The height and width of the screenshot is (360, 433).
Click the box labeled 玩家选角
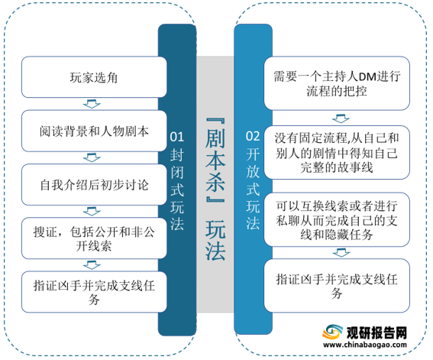94,77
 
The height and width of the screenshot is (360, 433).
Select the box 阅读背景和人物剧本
94,131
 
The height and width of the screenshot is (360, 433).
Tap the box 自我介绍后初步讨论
94,184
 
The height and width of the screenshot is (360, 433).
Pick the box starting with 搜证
94,238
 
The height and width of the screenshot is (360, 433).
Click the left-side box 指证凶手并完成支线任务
94,292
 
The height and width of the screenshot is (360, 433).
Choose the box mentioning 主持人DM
337,83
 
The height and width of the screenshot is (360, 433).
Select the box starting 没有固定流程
337,152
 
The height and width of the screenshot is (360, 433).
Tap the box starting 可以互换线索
337,219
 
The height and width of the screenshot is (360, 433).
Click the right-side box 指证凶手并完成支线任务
337,286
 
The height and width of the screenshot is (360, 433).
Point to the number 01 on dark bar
176,137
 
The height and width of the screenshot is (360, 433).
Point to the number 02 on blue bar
253,136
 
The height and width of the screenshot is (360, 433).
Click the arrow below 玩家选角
92,104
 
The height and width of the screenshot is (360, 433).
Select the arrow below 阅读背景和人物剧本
92,157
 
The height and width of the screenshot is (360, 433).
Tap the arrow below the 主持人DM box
341,118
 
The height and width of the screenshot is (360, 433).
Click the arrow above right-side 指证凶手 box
341,252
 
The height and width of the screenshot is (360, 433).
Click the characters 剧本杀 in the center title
215,161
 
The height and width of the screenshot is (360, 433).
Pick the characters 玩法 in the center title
215,240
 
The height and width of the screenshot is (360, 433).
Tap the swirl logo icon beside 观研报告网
332,332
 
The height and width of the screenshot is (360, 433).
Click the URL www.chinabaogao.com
365,345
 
